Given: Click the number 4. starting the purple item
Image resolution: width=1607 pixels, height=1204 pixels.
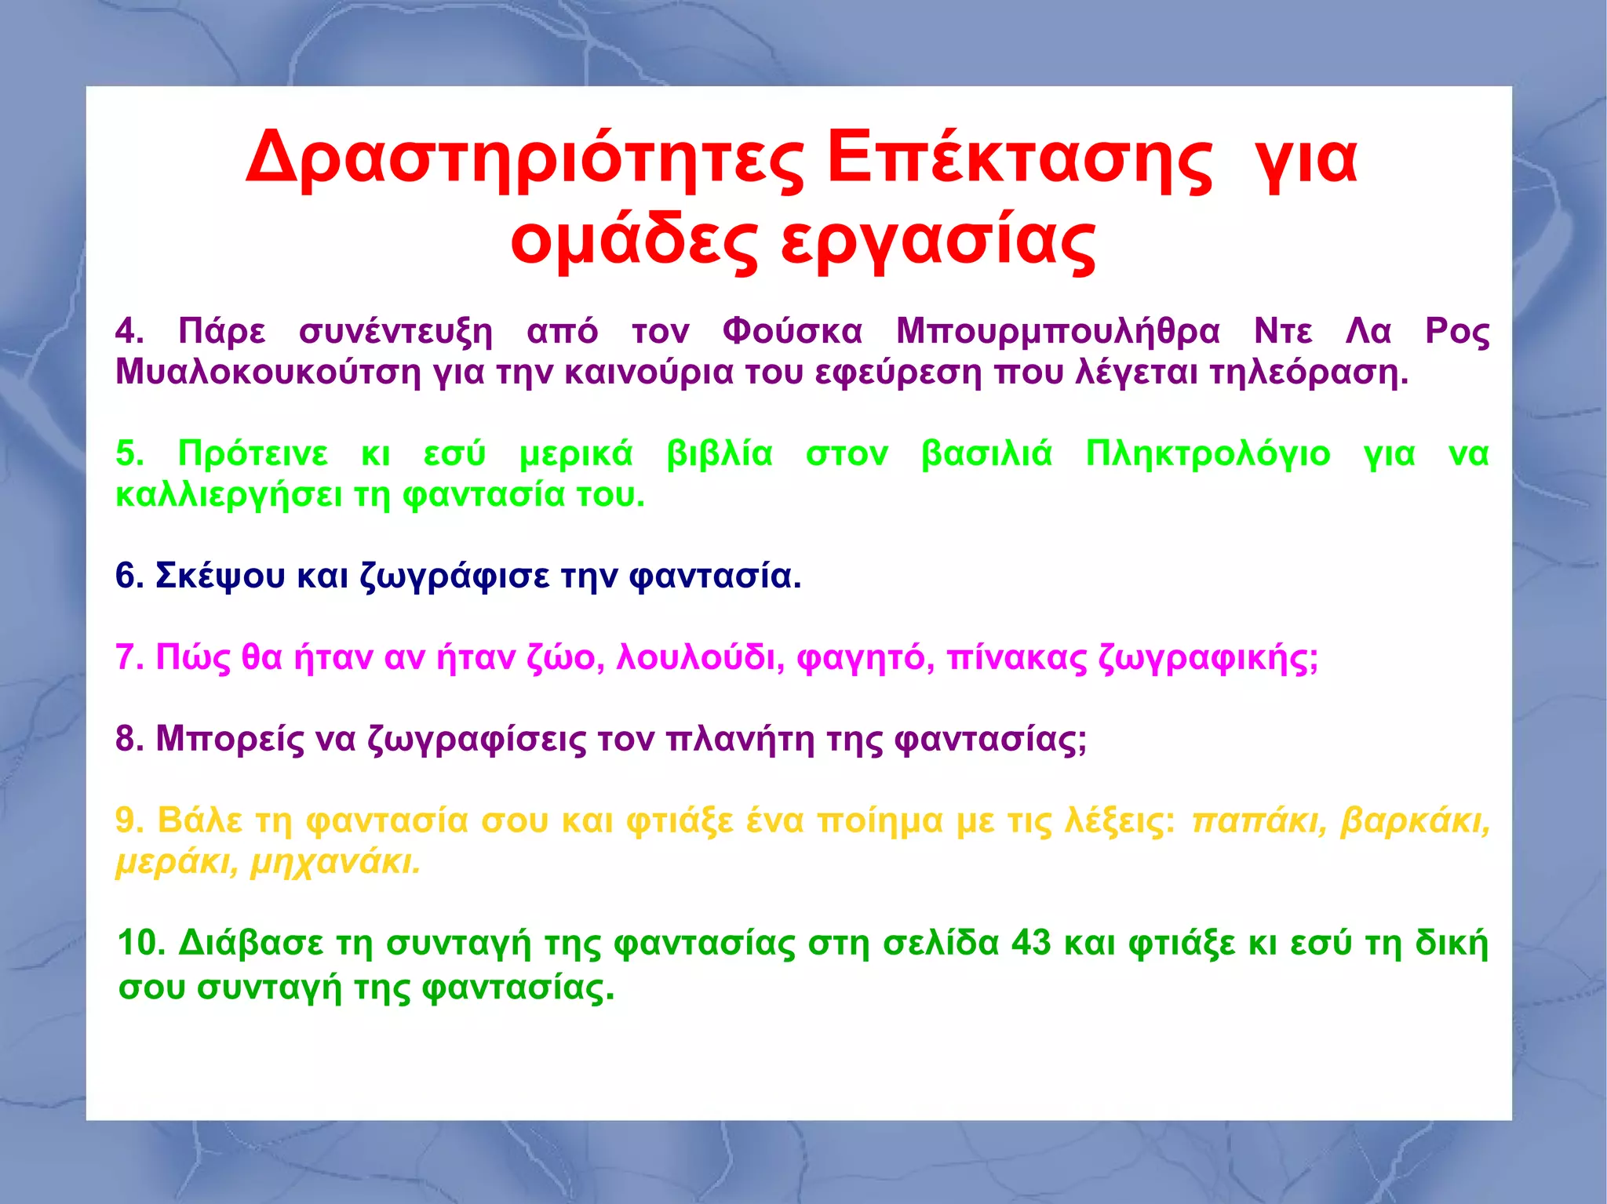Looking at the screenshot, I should [129, 332].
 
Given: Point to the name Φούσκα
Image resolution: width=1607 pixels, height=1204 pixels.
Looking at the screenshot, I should [792, 332].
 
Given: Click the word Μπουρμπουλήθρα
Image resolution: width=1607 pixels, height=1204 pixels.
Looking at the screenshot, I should [1058, 332].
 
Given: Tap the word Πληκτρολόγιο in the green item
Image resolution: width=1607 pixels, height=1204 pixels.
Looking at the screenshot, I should [1208, 455].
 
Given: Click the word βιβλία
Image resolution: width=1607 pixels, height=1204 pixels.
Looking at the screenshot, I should [720, 455].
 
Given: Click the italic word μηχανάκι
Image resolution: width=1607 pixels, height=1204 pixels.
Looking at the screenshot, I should [336, 863].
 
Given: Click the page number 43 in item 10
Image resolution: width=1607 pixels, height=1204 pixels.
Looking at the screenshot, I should [1031, 944].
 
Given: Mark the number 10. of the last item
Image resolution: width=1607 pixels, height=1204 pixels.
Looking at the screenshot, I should [141, 944].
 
